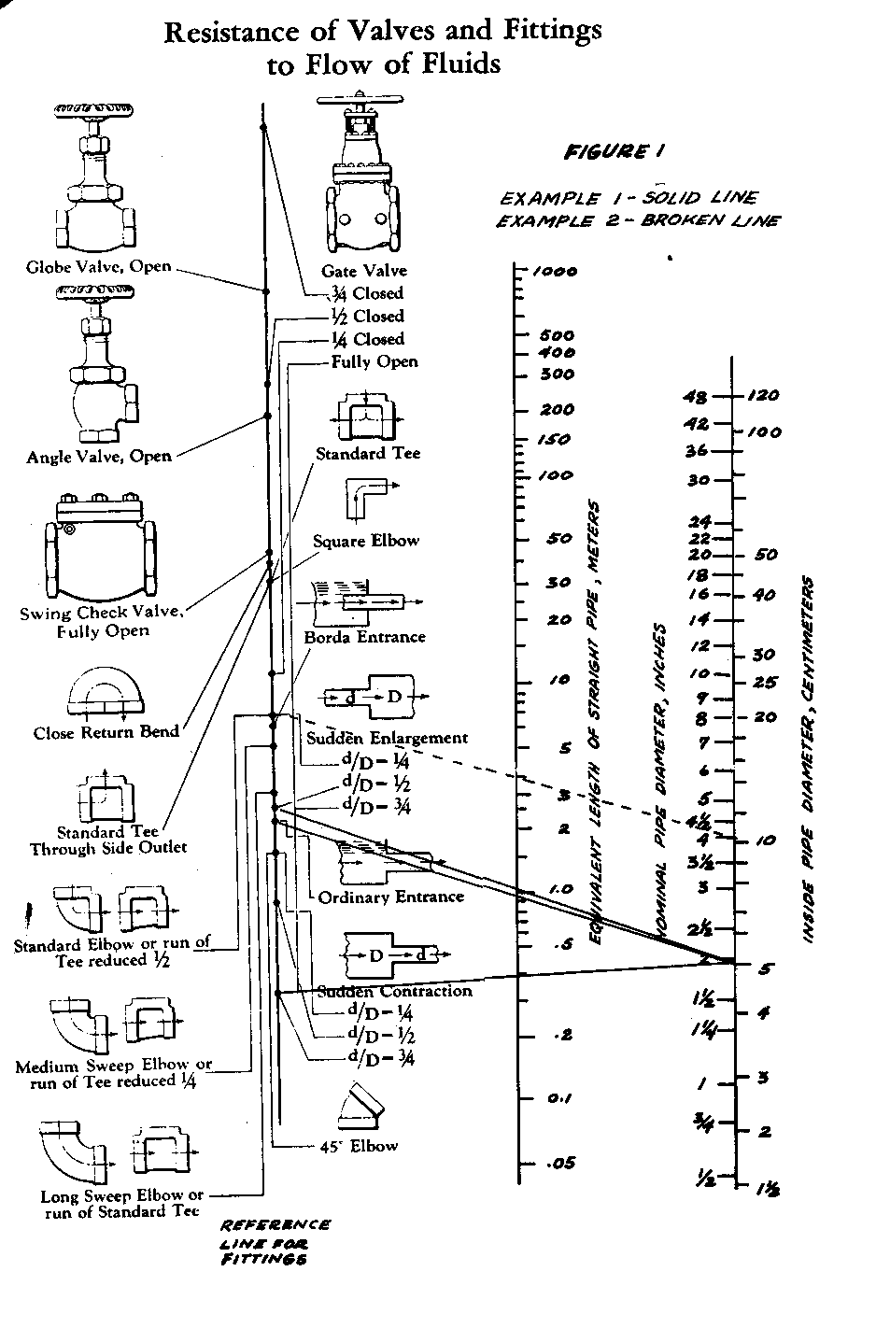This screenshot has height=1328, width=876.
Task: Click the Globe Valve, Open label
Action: pyautogui.click(x=98, y=266)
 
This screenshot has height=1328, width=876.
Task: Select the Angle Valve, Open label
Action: pyautogui.click(x=99, y=457)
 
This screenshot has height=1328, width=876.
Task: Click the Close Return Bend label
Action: pyautogui.click(x=106, y=732)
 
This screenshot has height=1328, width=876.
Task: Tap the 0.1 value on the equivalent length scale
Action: pyautogui.click(x=559, y=1098)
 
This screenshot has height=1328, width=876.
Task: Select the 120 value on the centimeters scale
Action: pyautogui.click(x=763, y=396)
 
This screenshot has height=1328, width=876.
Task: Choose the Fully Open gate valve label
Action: pyautogui.click(x=374, y=361)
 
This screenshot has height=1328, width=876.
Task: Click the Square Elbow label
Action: pyautogui.click(x=366, y=541)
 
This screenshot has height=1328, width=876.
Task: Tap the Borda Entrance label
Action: pyautogui.click(x=364, y=637)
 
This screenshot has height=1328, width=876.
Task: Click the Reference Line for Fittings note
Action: pyautogui.click(x=275, y=1242)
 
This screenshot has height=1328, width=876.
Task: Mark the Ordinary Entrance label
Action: pyautogui.click(x=390, y=897)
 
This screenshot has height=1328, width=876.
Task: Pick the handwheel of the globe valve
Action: pyautogui.click(x=96, y=111)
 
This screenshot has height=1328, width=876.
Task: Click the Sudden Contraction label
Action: pyautogui.click(x=395, y=991)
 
